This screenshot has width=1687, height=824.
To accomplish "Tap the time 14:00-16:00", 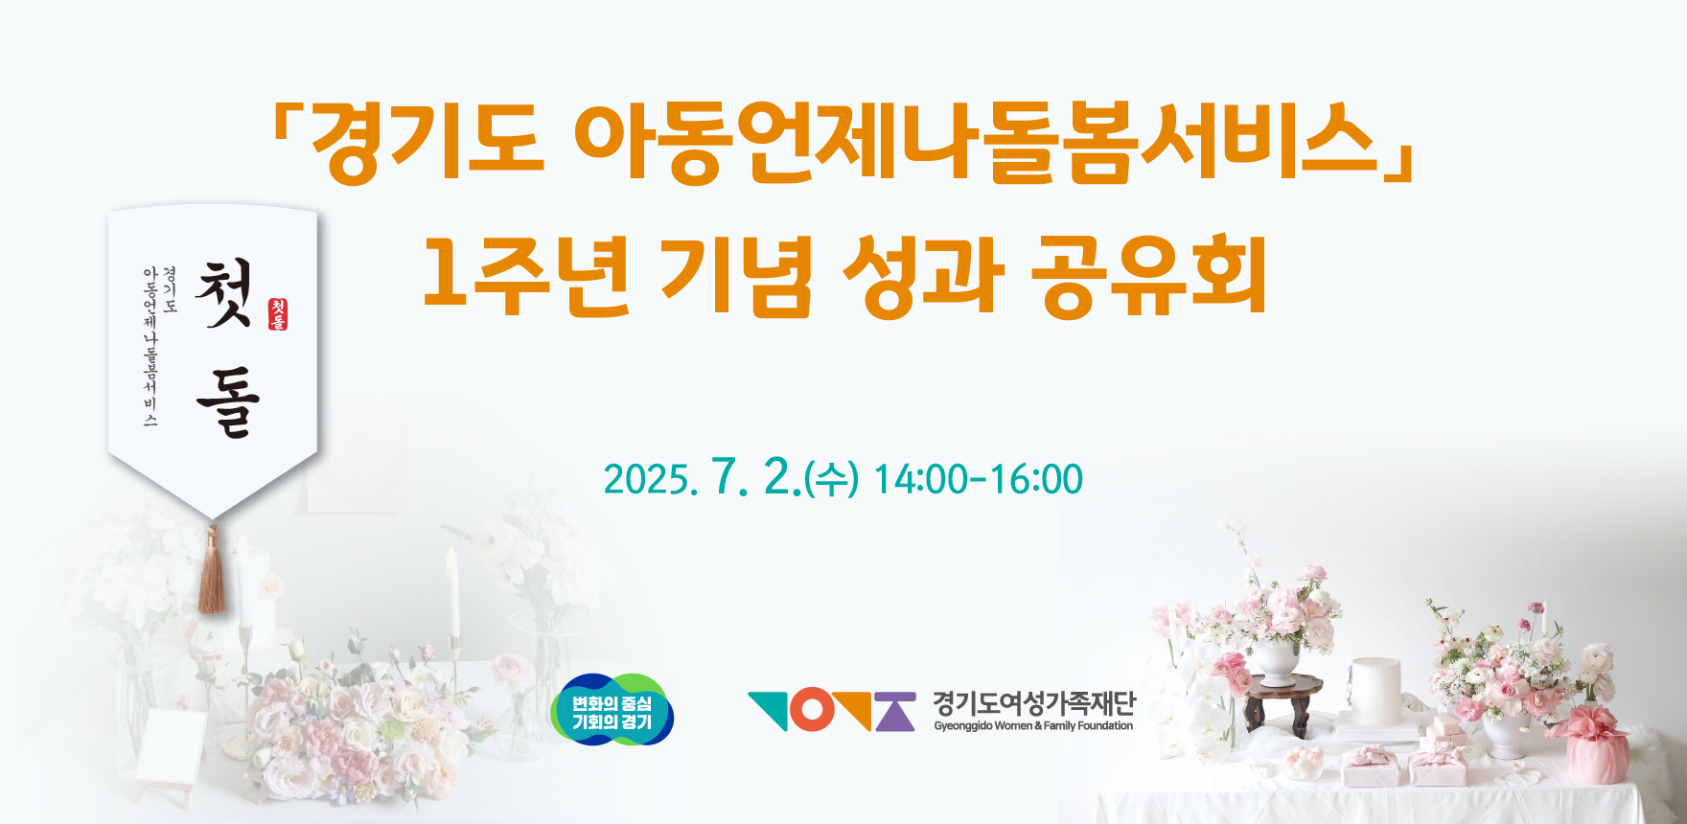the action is (x=979, y=479).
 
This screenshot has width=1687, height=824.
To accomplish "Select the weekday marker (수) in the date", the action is (x=831, y=478).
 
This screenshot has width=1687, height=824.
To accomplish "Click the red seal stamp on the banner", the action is (x=278, y=313).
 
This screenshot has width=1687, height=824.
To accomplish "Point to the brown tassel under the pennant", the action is (x=212, y=569).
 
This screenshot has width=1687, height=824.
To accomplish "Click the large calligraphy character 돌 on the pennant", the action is (x=228, y=402).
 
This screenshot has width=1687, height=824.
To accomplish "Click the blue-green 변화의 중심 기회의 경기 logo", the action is (x=612, y=709).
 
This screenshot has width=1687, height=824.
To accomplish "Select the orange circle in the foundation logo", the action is (x=812, y=710).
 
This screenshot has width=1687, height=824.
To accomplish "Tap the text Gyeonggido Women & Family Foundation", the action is (x=1033, y=726).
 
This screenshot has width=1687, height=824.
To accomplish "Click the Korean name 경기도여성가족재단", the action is (x=1034, y=703).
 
